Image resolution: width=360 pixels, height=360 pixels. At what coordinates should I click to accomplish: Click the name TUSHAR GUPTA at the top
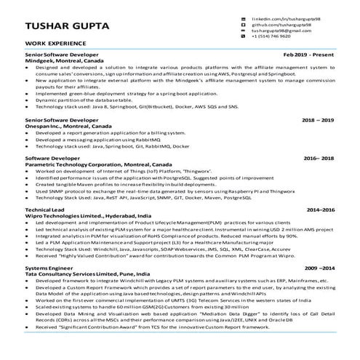68,28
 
